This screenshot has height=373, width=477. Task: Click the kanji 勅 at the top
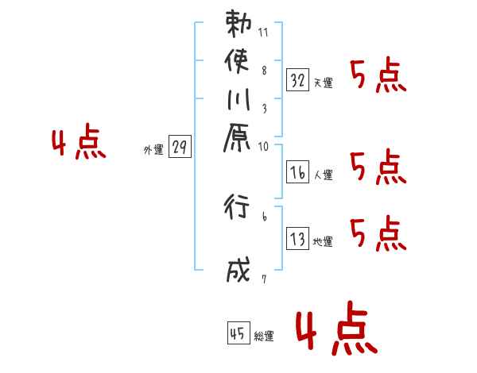pos(239,25)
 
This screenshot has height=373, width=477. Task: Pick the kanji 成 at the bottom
pos(239,271)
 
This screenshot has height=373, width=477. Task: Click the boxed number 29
pos(180,148)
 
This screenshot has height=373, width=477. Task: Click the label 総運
pos(264,336)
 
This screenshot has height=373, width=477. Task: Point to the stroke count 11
pos(264,33)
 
